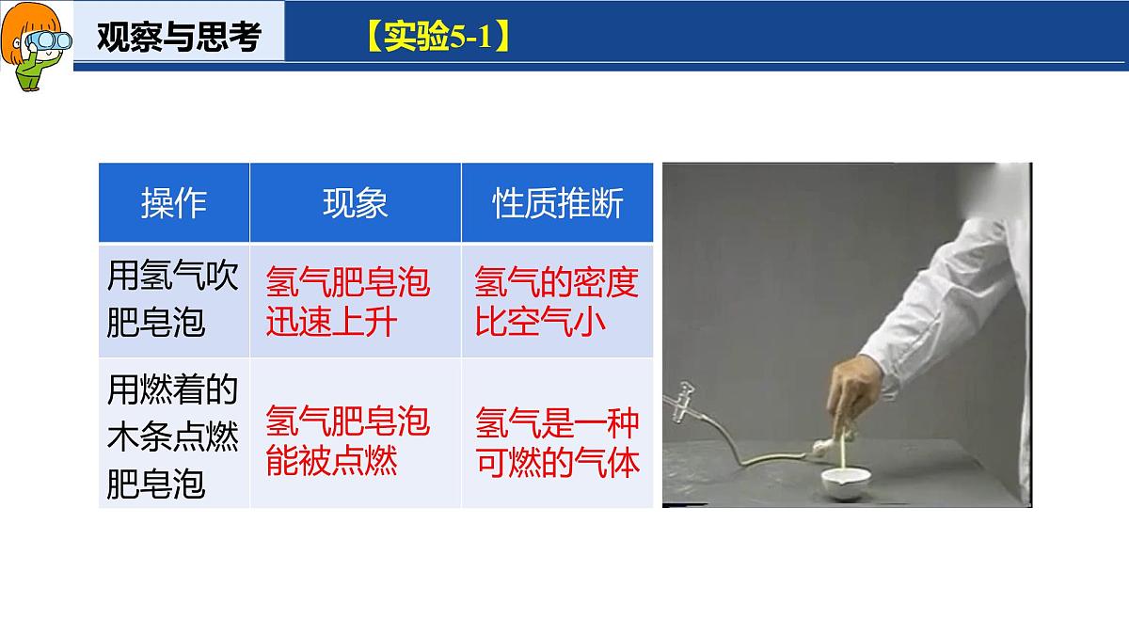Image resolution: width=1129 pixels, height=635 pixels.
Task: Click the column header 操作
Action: click(174, 203)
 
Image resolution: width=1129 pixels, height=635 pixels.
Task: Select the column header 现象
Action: click(355, 203)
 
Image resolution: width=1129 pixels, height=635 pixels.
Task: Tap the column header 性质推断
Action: click(557, 203)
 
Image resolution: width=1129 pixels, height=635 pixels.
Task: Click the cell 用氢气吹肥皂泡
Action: click(174, 300)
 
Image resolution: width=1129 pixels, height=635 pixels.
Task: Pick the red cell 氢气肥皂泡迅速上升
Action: click(348, 302)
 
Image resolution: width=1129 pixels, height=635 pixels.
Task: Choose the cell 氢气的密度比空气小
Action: click(557, 302)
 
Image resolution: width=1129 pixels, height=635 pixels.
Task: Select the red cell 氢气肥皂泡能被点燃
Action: click(348, 440)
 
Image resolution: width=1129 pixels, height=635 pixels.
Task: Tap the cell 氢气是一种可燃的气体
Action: click(557, 440)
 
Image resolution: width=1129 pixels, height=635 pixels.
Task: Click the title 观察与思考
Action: click(179, 37)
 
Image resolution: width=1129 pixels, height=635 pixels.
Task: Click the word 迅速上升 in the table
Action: click(332, 323)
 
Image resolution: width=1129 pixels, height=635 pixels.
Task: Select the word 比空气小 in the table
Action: click(540, 323)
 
